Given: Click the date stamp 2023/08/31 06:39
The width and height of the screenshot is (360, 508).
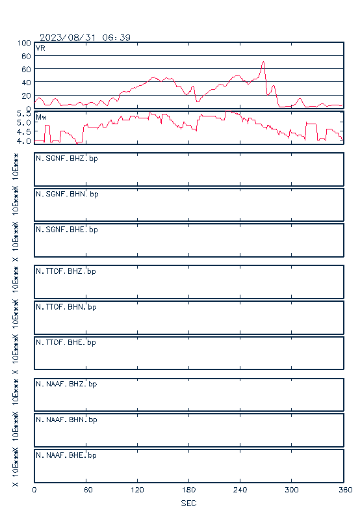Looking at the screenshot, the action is [85, 38].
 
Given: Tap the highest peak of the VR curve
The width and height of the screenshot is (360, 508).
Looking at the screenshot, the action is [263, 62].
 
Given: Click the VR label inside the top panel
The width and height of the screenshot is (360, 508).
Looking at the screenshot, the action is [40, 48].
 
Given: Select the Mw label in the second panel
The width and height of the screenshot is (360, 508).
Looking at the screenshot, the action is [41, 117].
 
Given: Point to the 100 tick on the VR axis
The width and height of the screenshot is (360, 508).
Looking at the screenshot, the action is [24, 43].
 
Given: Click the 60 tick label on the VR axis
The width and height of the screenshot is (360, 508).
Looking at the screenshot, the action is [26, 70].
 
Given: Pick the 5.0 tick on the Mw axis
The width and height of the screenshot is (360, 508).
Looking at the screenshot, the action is [23, 122].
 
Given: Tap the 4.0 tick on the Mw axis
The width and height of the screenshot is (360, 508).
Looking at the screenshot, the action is [23, 141].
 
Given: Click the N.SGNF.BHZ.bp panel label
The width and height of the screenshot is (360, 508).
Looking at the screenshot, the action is [67, 159].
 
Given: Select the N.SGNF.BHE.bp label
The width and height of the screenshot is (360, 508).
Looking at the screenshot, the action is [67, 230].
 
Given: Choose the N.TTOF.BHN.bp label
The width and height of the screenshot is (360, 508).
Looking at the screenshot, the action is [66, 307].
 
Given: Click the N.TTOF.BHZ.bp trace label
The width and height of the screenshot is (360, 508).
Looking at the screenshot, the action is [66, 271].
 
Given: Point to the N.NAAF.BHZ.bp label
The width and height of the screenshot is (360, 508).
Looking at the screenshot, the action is [66, 384].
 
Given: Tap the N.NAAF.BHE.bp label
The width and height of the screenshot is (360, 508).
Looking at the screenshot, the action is [66, 455].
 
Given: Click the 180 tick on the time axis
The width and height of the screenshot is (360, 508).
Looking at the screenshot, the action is [188, 490].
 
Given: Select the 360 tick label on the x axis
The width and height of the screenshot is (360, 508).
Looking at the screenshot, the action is [346, 490].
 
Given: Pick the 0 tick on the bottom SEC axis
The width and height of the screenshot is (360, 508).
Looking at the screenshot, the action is [34, 490].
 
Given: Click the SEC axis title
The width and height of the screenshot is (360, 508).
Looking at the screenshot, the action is [188, 503].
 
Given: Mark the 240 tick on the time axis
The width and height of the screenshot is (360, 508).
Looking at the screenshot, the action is [240, 490].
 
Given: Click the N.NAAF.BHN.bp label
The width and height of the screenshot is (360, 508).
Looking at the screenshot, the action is [66, 420].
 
